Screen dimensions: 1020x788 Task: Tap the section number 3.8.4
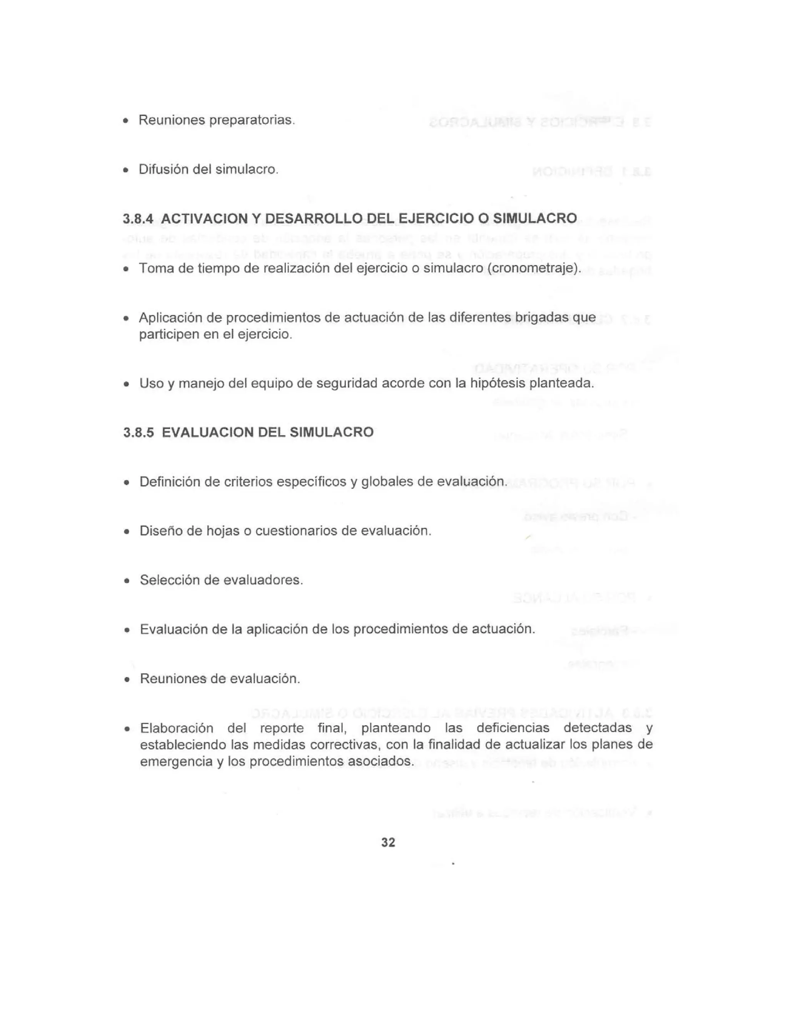pyautogui.click(x=138, y=219)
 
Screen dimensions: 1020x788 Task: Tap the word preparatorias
pyautogui.click(x=252, y=120)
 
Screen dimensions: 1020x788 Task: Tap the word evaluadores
pyautogui.click(x=263, y=580)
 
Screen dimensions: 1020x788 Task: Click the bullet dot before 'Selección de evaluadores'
pyautogui.click(x=126, y=582)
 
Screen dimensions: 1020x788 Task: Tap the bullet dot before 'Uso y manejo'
pyautogui.click(x=126, y=385)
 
